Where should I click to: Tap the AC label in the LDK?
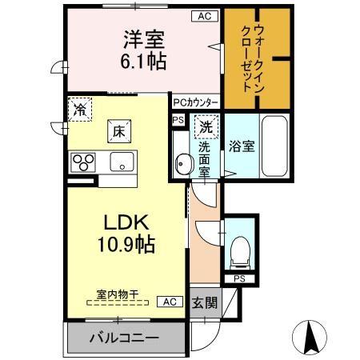coord(170,302)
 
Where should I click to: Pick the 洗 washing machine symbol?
coord(207,126)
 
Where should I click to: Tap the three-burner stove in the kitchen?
coord(84,162)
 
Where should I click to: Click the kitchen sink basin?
coord(122,162)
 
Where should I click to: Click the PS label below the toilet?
coord(239,278)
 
